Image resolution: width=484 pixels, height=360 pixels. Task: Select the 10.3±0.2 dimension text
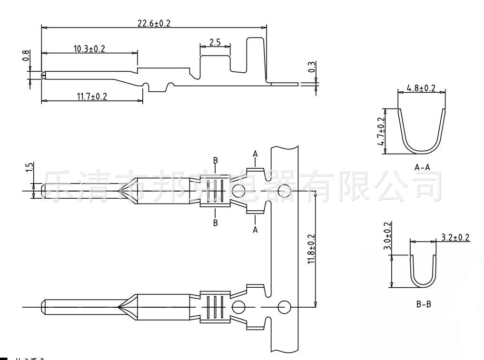coord(89,49)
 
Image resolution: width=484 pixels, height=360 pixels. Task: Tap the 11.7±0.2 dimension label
coord(92,97)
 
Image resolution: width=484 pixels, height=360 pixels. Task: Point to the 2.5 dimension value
coord(215,42)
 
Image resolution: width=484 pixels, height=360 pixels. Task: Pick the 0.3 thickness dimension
coord(311,68)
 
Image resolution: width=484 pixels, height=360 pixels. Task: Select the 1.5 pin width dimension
coord(30,169)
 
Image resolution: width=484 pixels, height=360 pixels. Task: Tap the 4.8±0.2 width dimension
coord(421,88)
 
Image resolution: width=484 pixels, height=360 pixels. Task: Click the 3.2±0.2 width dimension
coord(455,236)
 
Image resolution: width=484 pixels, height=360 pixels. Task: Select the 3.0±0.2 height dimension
coord(387,236)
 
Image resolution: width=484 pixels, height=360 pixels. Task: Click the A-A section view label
coord(422,167)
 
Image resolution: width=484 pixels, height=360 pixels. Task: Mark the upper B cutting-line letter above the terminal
coord(216,161)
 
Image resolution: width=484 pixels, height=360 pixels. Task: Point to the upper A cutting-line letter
coord(256,154)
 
